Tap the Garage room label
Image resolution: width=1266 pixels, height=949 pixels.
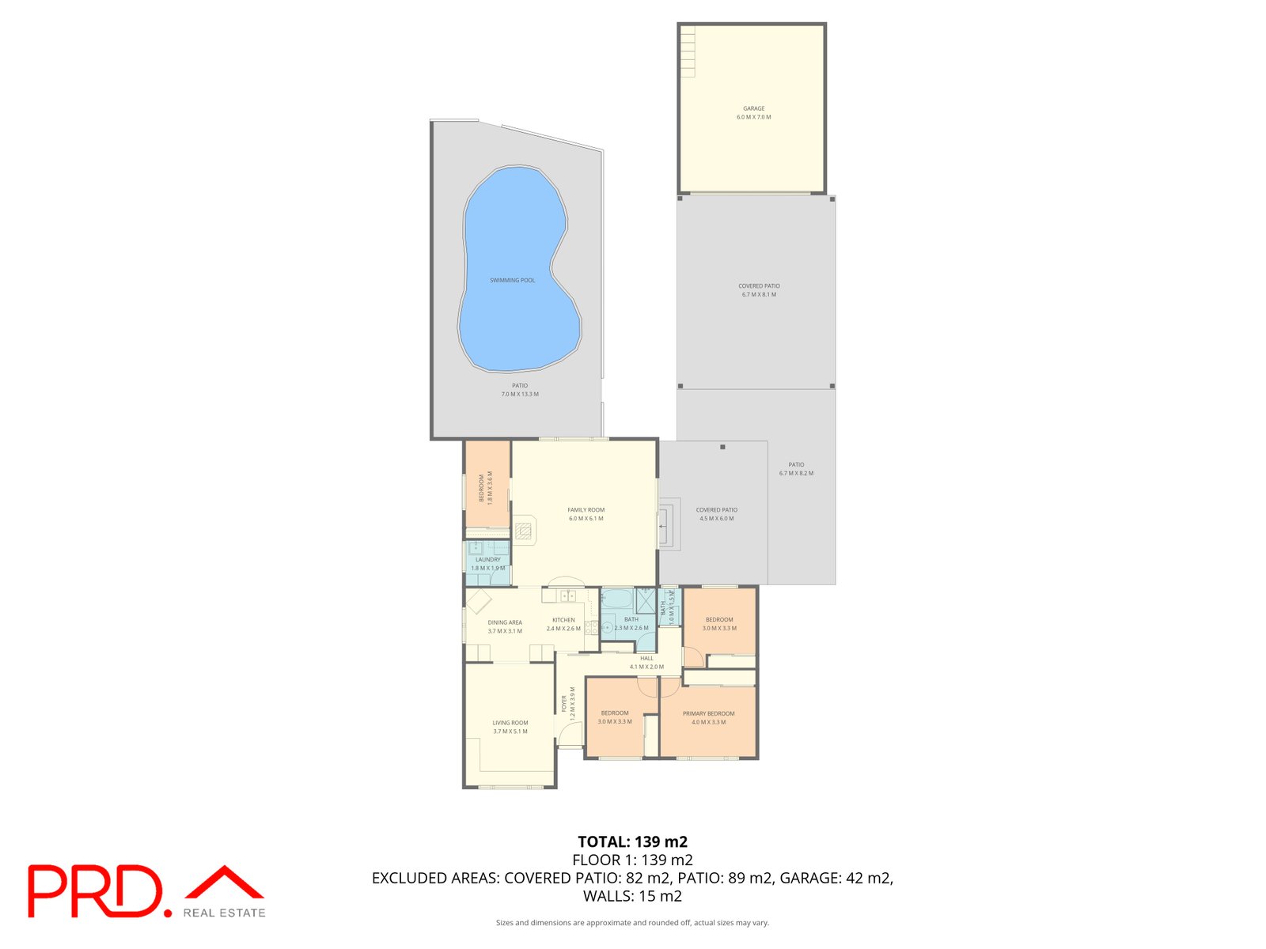click(753, 109)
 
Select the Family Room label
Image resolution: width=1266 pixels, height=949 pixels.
click(586, 510)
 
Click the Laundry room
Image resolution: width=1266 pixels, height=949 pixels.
click(487, 563)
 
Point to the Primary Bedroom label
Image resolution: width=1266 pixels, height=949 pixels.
click(708, 714)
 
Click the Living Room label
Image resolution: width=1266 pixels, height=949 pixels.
click(510, 723)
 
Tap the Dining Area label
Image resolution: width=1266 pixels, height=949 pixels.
click(505, 623)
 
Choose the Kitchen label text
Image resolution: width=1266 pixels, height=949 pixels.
click(563, 620)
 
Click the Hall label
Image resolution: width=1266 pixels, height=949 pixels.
click(646, 658)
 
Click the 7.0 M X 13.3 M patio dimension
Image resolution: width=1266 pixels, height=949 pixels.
click(520, 394)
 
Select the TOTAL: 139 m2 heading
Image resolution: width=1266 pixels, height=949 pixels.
click(632, 841)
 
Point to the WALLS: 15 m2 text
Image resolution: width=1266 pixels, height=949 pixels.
click(632, 896)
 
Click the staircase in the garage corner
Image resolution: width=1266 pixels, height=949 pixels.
click(687, 51)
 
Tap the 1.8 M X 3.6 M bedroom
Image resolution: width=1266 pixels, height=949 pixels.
click(486, 485)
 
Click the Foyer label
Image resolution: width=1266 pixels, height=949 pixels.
click(564, 704)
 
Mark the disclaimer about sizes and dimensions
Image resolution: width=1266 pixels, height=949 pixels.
click(632, 922)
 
